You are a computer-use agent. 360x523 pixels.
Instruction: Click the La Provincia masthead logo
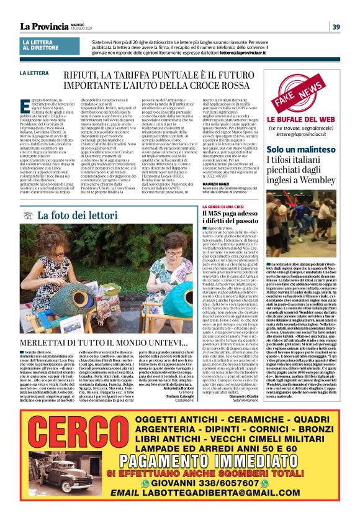43,26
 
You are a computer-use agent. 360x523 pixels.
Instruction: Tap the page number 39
336,26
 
